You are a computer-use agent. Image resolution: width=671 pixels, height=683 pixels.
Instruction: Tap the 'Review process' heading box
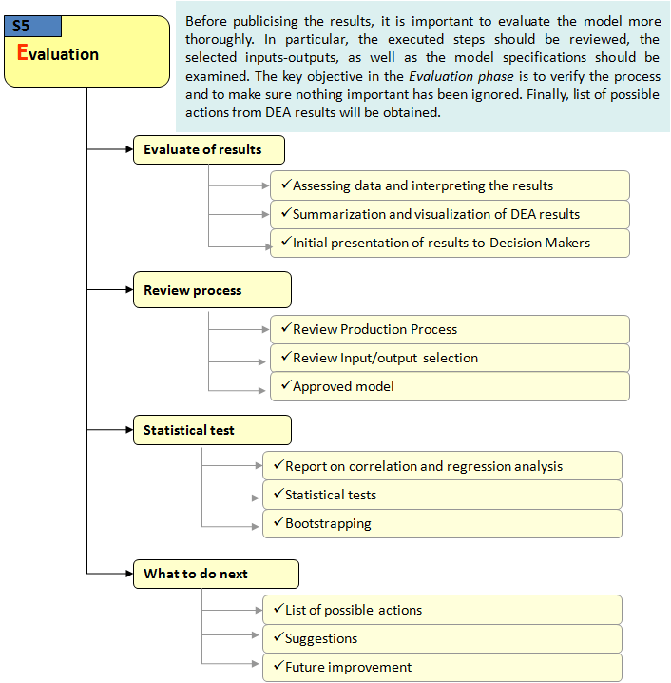(211, 290)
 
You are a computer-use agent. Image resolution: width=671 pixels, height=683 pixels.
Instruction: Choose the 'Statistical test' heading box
(211, 430)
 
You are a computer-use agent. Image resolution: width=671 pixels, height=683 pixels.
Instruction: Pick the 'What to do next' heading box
(215, 574)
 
